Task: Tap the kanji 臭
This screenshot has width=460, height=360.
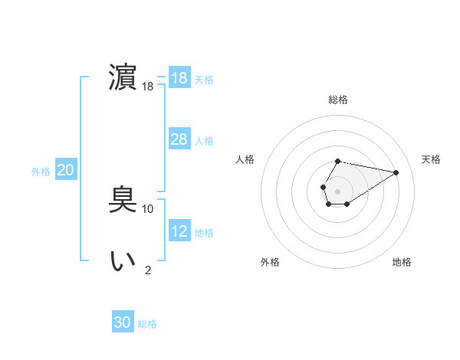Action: coord(123,200)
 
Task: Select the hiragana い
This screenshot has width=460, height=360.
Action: coord(123,261)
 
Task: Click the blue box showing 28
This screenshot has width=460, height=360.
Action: coord(179,139)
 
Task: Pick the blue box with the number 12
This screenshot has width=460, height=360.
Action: coord(179,231)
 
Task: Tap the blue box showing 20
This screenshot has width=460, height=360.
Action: coord(65,170)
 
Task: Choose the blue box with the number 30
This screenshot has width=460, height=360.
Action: coord(123,322)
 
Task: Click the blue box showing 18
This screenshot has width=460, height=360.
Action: coord(179,78)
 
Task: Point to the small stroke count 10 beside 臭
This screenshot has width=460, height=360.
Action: coord(148,208)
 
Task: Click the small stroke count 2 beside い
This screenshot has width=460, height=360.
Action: coord(148,270)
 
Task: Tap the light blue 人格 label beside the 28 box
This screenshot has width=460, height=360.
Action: coord(204,141)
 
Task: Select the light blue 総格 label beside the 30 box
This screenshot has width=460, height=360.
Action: coord(147,324)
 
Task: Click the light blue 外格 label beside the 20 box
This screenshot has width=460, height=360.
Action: coord(41,172)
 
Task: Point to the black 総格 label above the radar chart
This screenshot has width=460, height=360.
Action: coord(338,100)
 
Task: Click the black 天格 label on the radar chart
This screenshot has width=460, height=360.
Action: coord(431,159)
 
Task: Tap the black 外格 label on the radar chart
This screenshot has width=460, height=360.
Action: coord(270,262)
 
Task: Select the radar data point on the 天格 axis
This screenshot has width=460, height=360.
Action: coord(396,172)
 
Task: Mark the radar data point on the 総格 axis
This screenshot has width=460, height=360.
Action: coord(338,161)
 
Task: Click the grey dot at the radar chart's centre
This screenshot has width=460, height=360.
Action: coord(338,190)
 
